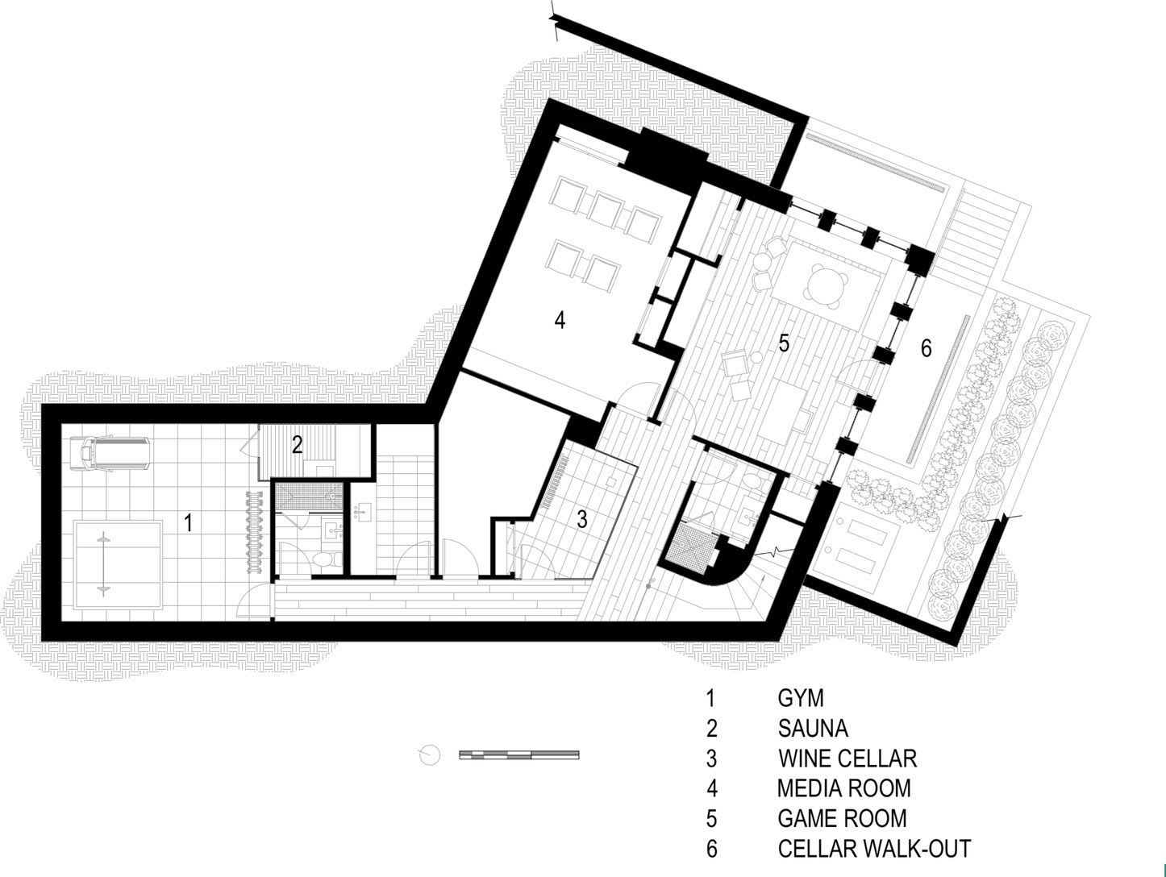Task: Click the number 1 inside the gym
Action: [x=188, y=522]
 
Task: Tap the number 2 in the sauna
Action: [x=297, y=443]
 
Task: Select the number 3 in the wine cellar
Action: [x=582, y=519]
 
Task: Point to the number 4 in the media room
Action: [x=560, y=320]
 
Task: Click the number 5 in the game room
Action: [x=784, y=343]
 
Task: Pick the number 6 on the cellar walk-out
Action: [x=927, y=348]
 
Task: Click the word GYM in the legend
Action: [x=801, y=698]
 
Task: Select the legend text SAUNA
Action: [x=813, y=729]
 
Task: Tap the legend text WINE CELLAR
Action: [x=847, y=759]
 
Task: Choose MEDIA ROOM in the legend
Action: [x=844, y=788]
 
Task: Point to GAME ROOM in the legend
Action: [x=842, y=818]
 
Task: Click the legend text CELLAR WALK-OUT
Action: [x=874, y=848]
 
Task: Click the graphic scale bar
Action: [x=518, y=754]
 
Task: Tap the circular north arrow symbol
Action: [x=431, y=755]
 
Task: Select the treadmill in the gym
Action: [x=110, y=453]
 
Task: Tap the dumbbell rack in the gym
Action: [x=256, y=532]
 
